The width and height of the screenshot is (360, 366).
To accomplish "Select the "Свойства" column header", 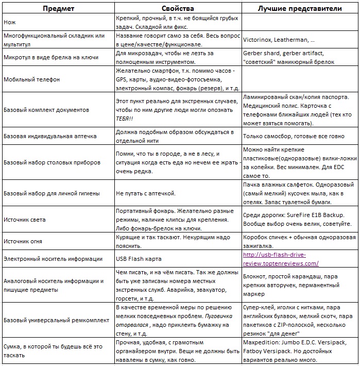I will click(x=178, y=9).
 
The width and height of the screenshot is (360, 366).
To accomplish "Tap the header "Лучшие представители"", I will click(x=300, y=9).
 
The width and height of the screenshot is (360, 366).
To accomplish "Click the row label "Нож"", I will click(x=9, y=23).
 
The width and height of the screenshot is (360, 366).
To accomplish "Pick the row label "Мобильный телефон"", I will click(x=31, y=80).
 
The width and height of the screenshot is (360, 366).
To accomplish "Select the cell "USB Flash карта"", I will click(x=139, y=259).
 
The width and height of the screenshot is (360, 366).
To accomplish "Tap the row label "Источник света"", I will click(x=25, y=220).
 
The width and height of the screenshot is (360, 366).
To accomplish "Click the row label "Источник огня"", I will click(x=23, y=241).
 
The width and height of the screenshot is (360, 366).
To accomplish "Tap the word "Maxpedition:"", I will click(x=261, y=342).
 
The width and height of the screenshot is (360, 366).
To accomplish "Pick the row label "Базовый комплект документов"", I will click(x=46, y=110).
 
